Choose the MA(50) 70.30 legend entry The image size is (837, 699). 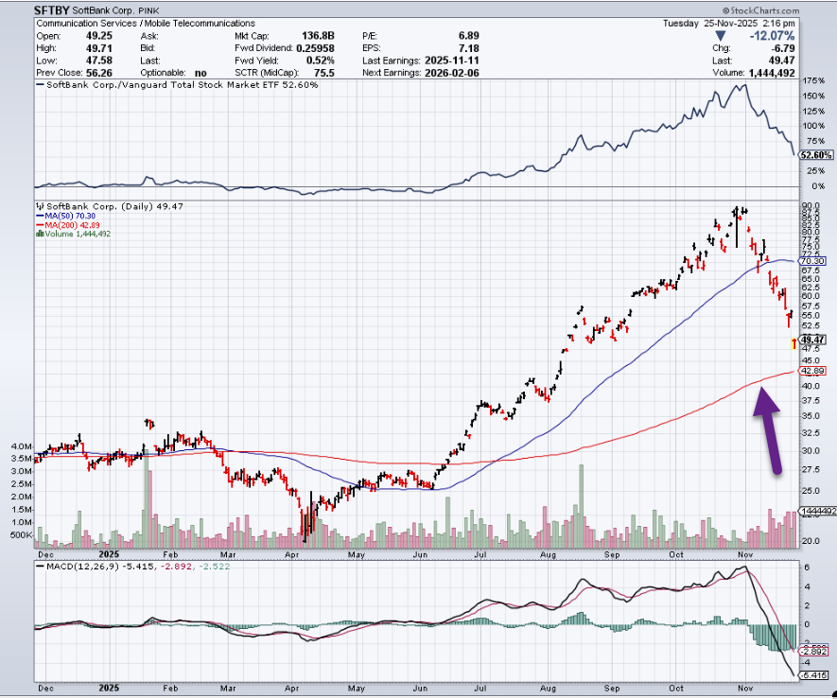click(70, 215)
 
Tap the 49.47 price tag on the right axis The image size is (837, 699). click(814, 339)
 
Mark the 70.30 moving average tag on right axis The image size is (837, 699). click(814, 260)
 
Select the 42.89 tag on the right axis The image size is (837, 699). click(814, 371)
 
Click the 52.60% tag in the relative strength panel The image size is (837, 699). click(816, 155)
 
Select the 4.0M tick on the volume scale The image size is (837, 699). click(21, 446)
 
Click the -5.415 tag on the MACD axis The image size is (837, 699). click(815, 675)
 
